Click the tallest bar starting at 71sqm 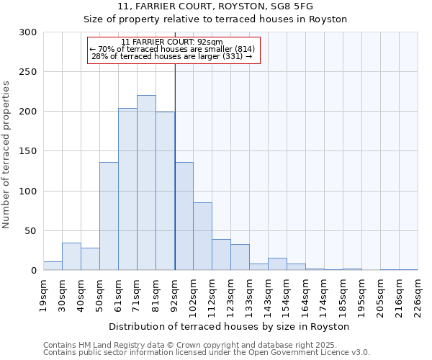pyautogui.click(x=146, y=183)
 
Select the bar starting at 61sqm pyautogui.click(x=127, y=189)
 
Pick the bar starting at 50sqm pyautogui.click(x=109, y=216)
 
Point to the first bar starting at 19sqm pyautogui.click(x=53, y=266)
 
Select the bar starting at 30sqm pyautogui.click(x=71, y=256)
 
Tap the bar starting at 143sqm pyautogui.click(x=277, y=264)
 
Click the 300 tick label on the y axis pyautogui.click(x=28, y=32)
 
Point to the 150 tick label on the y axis pyautogui.click(x=28, y=151)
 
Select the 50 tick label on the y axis pyautogui.click(x=31, y=231)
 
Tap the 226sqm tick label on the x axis pyautogui.click(x=418, y=294)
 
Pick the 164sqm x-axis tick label pyautogui.click(x=306, y=294)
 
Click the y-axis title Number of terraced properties pyautogui.click(x=6, y=155)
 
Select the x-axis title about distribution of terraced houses pyautogui.click(x=230, y=326)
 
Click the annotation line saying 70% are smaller pyautogui.click(x=172, y=49)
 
